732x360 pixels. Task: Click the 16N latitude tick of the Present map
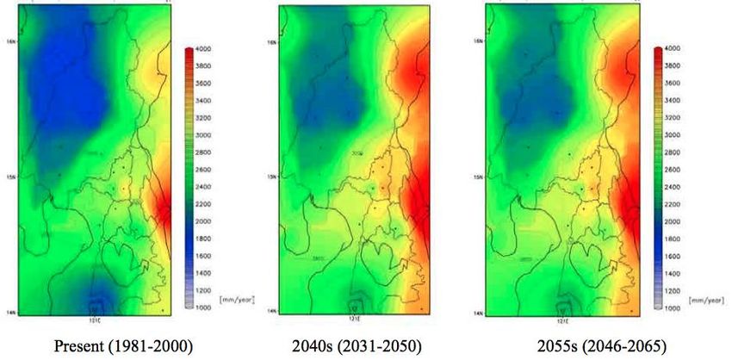tap(9, 41)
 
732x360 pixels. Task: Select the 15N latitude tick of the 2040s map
tap(272, 177)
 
